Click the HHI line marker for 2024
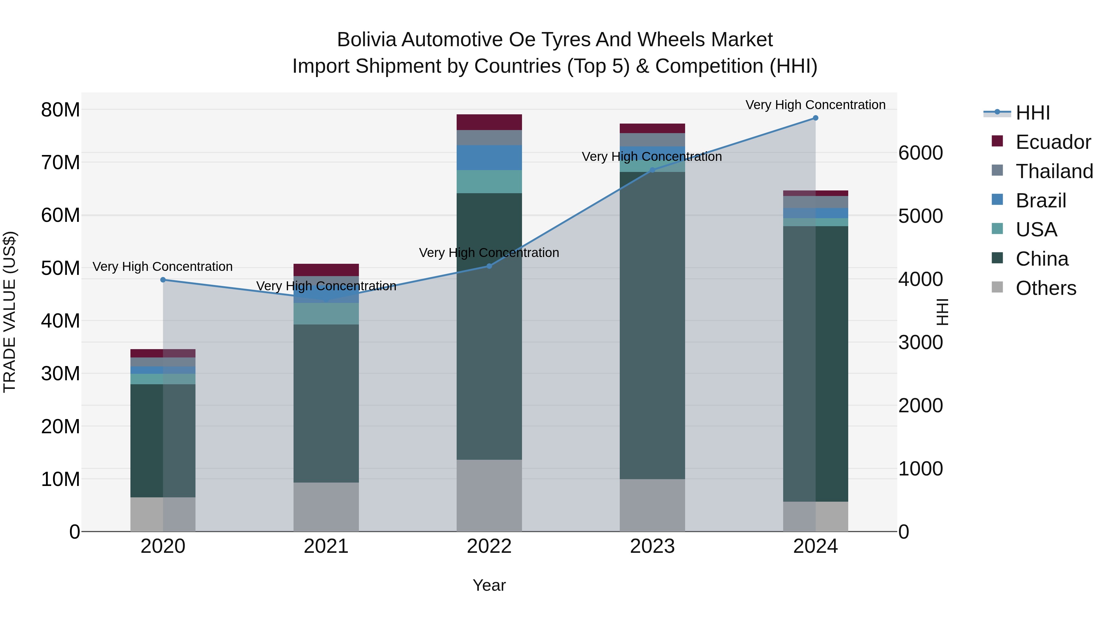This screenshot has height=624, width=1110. point(815,118)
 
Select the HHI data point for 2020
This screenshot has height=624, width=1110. point(163,280)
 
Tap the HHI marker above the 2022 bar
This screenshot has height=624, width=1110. point(489,266)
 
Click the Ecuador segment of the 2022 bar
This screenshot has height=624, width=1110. point(489,122)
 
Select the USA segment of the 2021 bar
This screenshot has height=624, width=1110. point(326,313)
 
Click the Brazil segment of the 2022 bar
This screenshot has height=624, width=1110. point(489,157)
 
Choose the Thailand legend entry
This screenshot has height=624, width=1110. point(1054,171)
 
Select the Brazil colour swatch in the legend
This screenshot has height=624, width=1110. point(997,199)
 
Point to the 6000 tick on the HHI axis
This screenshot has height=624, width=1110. point(920,153)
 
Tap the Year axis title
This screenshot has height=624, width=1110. point(489,585)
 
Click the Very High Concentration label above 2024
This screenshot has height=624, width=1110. point(815,105)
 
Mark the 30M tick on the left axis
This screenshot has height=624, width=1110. point(60,374)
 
